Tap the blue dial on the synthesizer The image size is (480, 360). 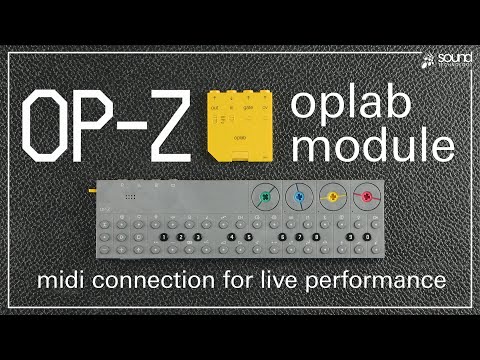pyautogui.click(x=297, y=196)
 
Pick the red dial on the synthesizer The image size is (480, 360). pyautogui.click(x=368, y=196)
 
